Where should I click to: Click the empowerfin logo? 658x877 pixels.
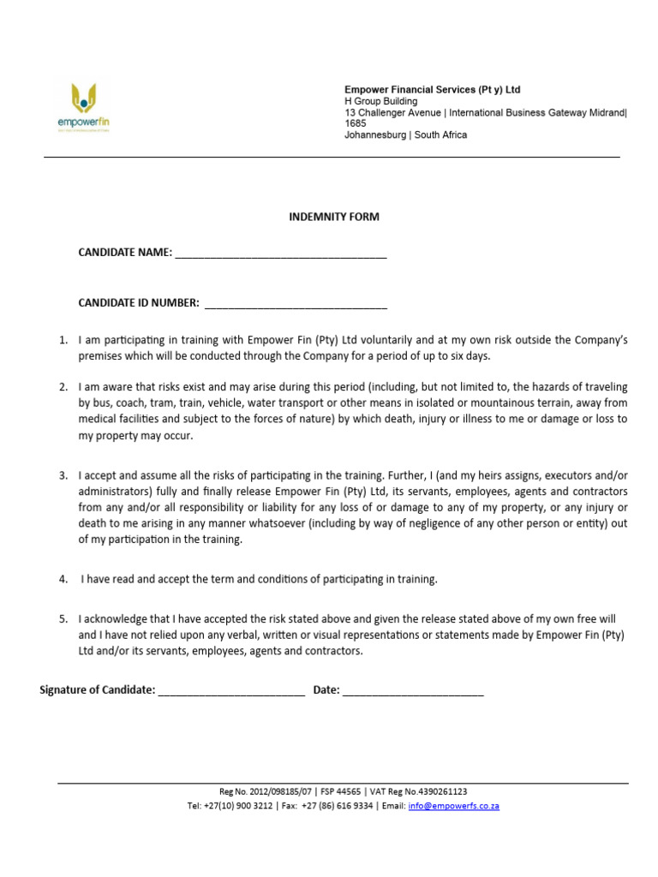coord(83,107)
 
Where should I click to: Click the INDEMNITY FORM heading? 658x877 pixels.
coord(333,217)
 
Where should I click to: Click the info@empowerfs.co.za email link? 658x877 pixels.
coord(453,806)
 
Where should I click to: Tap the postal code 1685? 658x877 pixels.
coord(355,123)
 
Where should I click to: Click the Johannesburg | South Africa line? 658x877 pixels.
coord(405,135)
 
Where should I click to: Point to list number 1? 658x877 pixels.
coord(63,340)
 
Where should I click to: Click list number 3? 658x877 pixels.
coord(63,474)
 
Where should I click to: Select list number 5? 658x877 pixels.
coord(63,618)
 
